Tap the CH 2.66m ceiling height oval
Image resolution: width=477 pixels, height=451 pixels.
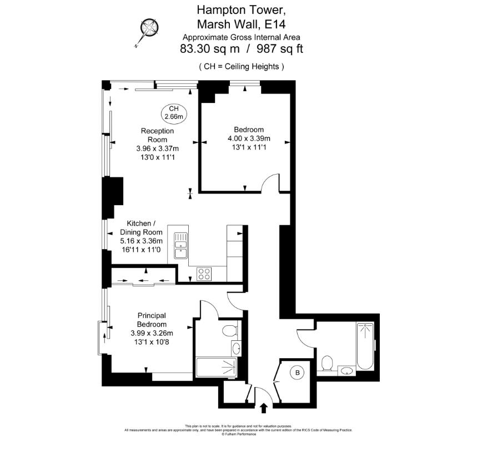pyautogui.click(x=174, y=113)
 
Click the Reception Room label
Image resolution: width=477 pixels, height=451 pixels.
pyautogui.click(x=157, y=135)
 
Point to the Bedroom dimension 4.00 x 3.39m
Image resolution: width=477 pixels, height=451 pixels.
pyautogui.click(x=249, y=138)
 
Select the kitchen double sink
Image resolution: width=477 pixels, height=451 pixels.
pyautogui.click(x=180, y=246)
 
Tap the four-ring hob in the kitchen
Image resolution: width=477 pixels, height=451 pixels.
pyautogui.click(x=204, y=274)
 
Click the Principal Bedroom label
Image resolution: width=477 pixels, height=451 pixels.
pyautogui.click(x=152, y=320)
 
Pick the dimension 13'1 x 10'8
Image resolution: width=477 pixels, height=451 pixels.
pyautogui.click(x=152, y=341)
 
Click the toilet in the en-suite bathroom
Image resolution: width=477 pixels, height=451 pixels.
pyautogui.click(x=229, y=332)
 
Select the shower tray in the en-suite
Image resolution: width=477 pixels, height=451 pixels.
pyautogui.click(x=217, y=367)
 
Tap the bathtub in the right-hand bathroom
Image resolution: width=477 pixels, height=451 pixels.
pyautogui.click(x=365, y=345)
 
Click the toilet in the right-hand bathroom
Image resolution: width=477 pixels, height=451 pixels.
pyautogui.click(x=327, y=365)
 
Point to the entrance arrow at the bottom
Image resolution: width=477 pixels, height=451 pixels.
pyautogui.click(x=264, y=409)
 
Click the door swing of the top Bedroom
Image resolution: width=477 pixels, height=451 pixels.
pyautogui.click(x=272, y=184)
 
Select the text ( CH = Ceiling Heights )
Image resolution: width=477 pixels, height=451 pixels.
pyautogui.click(x=242, y=67)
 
